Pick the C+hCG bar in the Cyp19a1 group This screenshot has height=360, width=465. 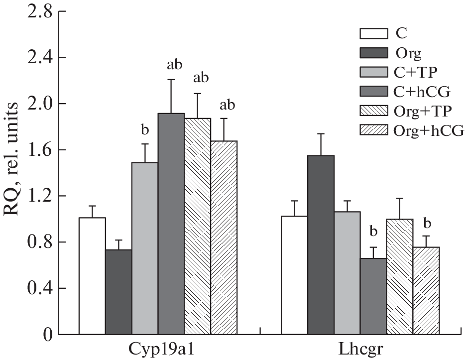pyautogui.click(x=171, y=224)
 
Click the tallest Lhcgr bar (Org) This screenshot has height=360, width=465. pyautogui.click(x=321, y=244)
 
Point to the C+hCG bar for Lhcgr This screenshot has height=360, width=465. pyautogui.click(x=373, y=296)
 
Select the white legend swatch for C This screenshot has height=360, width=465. pyautogui.click(x=373, y=34)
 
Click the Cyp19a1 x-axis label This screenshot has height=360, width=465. pyautogui.click(x=158, y=349)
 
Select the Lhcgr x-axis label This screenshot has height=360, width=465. pyautogui.click(x=360, y=349)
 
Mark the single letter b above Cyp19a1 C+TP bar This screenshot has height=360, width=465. pyautogui.click(x=145, y=130)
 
